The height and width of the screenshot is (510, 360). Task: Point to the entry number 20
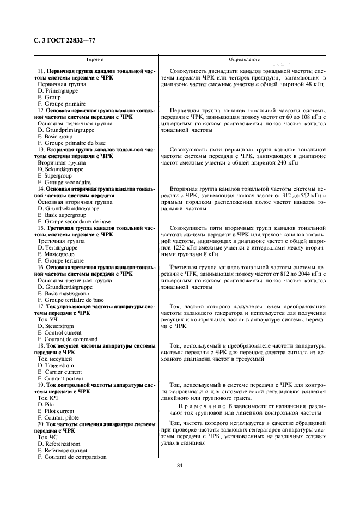click(x=40, y=424)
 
